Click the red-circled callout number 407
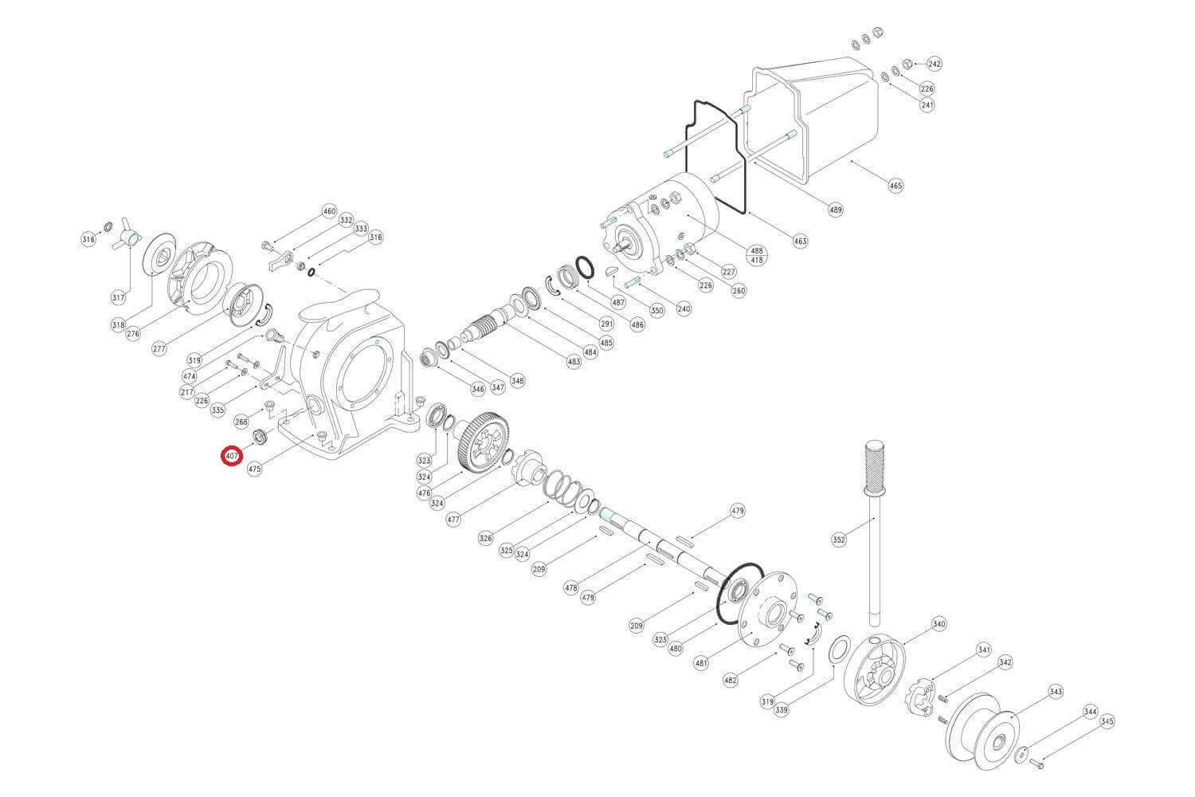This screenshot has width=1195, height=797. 232,456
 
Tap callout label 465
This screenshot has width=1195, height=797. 896,186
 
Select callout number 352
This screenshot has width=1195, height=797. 839,540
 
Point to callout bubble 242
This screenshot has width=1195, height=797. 934,64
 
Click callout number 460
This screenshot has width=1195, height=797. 330,212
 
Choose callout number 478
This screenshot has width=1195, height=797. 571,588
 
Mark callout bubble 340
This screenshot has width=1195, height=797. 939,624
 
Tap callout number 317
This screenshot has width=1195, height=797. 118,298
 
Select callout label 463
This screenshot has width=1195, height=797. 800,241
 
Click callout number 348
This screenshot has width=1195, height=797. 518,381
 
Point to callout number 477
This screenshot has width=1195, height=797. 453,519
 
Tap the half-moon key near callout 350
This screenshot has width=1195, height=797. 612,271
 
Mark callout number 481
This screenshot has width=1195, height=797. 701,663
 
